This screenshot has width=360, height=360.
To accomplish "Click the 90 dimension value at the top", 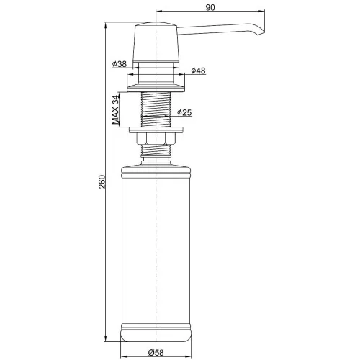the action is click(210, 7).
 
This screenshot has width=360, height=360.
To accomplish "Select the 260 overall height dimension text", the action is click(102, 181).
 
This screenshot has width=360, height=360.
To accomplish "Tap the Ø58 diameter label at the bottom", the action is click(156, 353).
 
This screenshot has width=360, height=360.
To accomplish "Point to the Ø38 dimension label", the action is click(120, 64).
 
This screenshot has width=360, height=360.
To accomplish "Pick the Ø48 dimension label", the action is click(198, 71).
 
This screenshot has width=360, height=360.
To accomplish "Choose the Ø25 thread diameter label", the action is click(184, 112).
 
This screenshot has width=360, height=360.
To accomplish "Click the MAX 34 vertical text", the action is click(116, 110).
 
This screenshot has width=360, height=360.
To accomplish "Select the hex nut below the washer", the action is click(156, 139).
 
